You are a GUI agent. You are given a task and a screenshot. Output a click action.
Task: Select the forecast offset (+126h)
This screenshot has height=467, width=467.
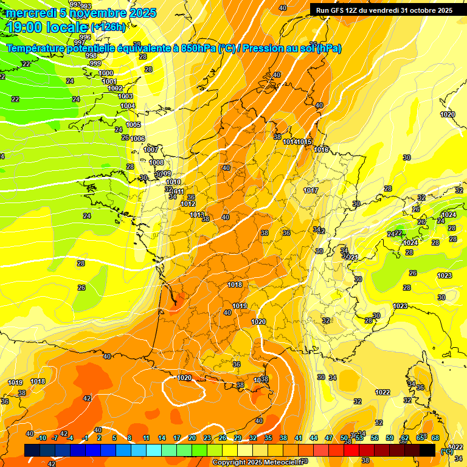point(108,27)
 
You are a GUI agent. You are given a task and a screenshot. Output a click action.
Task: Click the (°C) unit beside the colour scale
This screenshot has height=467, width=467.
point(446,451)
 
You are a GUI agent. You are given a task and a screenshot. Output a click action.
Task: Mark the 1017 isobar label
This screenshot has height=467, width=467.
point(311,190)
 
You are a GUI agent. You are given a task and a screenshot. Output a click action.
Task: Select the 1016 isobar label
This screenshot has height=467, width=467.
point(321,150)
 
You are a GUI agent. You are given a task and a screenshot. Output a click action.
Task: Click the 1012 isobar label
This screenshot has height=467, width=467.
point(189,204)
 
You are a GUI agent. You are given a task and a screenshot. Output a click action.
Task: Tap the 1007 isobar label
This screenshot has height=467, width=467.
point(151,150)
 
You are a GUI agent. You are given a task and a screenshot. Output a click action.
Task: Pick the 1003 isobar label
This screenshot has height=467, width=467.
point(125,96)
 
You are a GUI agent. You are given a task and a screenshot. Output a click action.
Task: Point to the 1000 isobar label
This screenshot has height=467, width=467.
point(106,73)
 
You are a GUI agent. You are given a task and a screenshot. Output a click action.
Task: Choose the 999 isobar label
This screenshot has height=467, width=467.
point(95,63)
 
